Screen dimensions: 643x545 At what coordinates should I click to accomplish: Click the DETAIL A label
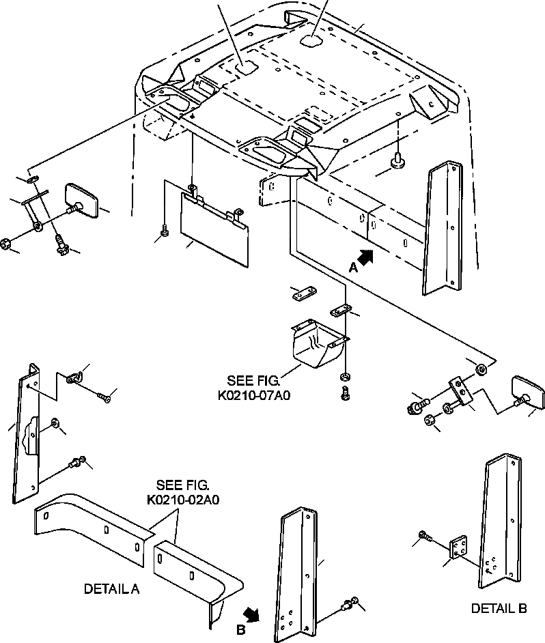pos(111,588)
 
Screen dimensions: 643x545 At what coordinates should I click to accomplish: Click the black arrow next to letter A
pos(365,258)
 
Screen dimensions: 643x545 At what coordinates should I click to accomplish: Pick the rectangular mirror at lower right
pos(527,392)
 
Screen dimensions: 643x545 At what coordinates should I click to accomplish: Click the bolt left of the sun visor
pos(165,233)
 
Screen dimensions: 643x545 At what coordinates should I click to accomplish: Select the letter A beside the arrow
pos(352,268)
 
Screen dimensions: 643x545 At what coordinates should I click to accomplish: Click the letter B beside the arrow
pos(240,629)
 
